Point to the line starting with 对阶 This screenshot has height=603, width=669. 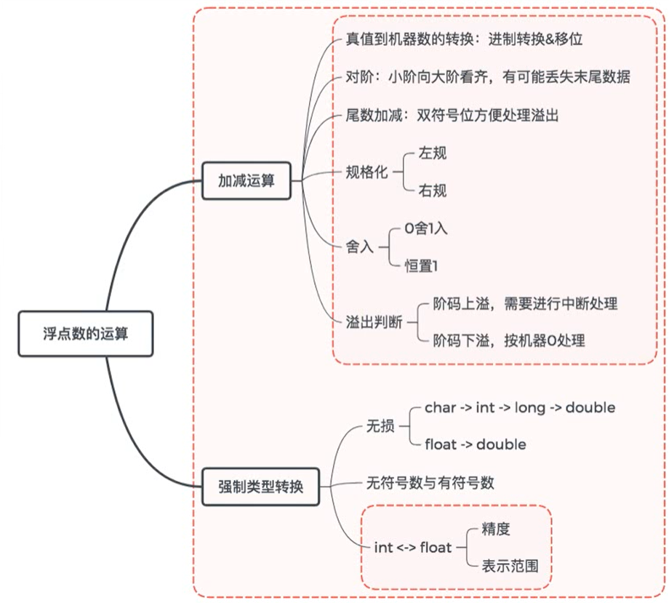click(x=487, y=77)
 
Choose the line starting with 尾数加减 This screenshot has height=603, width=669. click(x=452, y=115)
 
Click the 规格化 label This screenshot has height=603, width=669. click(x=366, y=172)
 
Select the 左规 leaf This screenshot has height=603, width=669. click(x=432, y=153)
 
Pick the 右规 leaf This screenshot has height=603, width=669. click(x=432, y=191)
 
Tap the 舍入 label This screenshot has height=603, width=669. click(x=359, y=247)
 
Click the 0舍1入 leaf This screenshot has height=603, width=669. click(x=426, y=228)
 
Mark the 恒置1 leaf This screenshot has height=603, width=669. click(x=422, y=266)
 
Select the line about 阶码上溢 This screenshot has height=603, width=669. click(x=525, y=303)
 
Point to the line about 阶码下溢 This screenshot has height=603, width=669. click(x=508, y=340)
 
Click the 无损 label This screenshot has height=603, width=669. click(x=380, y=426)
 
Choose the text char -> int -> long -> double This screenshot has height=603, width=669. click(x=519, y=407)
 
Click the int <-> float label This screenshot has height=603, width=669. click(x=412, y=547)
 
